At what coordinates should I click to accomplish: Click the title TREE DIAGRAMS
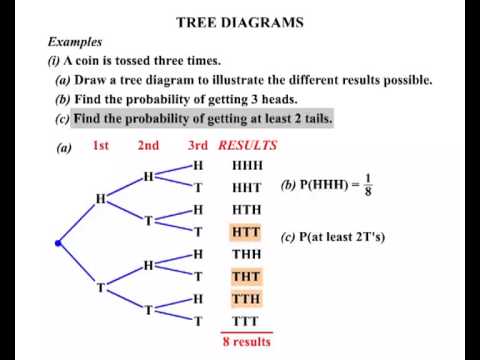240,22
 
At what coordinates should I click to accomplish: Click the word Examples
75,42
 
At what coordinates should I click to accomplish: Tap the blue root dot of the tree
58,243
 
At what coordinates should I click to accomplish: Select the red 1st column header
101,145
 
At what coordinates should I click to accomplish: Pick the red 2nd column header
148,145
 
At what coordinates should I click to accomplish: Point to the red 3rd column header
198,145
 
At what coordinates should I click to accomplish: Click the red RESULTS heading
248,145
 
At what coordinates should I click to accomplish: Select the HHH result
247,166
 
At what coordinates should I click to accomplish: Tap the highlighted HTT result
246,232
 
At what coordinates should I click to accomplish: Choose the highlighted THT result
246,277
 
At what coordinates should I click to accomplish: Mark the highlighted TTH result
246,299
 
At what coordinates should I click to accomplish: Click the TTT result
246,321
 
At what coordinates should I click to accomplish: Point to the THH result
247,254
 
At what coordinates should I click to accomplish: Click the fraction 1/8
368,185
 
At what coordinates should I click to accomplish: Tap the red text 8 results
247,342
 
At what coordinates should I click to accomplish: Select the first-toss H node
101,199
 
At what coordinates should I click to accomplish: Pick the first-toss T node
101,287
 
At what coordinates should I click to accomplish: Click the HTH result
247,210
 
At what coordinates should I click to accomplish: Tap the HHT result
247,188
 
